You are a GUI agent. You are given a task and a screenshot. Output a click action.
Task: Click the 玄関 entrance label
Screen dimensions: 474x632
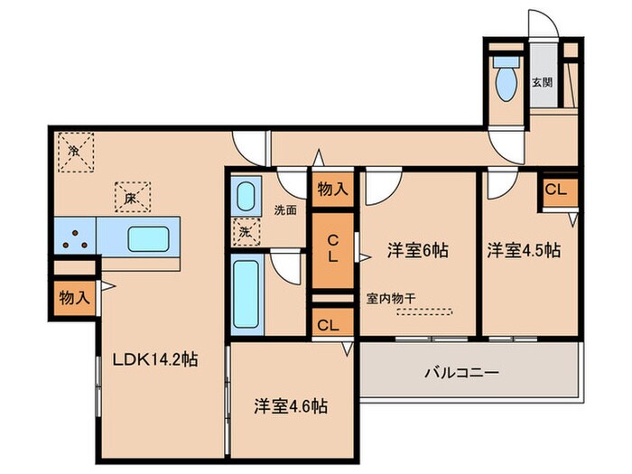[542, 82]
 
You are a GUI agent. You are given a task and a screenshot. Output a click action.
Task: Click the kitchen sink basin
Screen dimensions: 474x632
[144, 238]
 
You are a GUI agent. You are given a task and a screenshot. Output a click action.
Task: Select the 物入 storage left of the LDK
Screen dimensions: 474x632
[73, 298]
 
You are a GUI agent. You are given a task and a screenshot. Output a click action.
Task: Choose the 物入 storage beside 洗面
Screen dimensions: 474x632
[333, 189]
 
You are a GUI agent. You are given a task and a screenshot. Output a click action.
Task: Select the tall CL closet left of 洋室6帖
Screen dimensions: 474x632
[333, 248]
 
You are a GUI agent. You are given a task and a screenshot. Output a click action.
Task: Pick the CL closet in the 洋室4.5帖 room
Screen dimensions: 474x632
[558, 191]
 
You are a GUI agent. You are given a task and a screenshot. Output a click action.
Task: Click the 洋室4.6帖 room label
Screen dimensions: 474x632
[290, 405]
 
